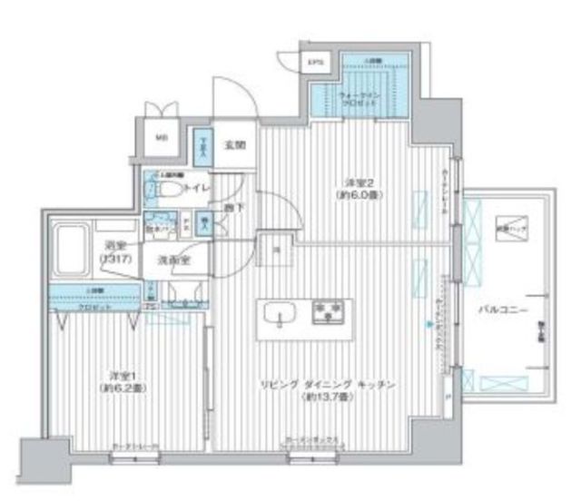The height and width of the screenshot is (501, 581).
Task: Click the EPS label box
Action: pos(315,63)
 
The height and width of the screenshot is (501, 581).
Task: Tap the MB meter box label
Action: pos(160,138)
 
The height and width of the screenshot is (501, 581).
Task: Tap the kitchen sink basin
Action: pos(278,313)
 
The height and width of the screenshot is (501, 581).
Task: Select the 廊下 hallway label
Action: pos(232,206)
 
